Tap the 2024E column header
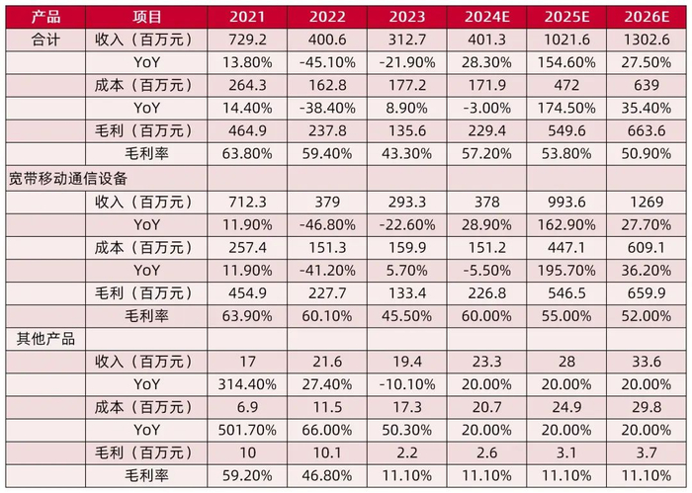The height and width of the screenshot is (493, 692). coord(485,18)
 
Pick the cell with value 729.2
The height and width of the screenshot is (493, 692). coord(247,41)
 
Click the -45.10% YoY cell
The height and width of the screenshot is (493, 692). coord(326,62)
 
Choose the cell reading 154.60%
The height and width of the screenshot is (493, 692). coord(565,62)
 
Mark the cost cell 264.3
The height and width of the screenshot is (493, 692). coord(247,85)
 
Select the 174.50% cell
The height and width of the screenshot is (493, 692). coord(565,108)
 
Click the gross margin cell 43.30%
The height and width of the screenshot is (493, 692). coord(406,154)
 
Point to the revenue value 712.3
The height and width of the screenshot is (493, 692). coord(247,202)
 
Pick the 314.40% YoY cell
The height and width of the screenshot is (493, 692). coord(247,383)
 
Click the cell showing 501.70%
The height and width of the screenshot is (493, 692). coord(247,430)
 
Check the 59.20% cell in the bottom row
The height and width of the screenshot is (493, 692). coord(247,475)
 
